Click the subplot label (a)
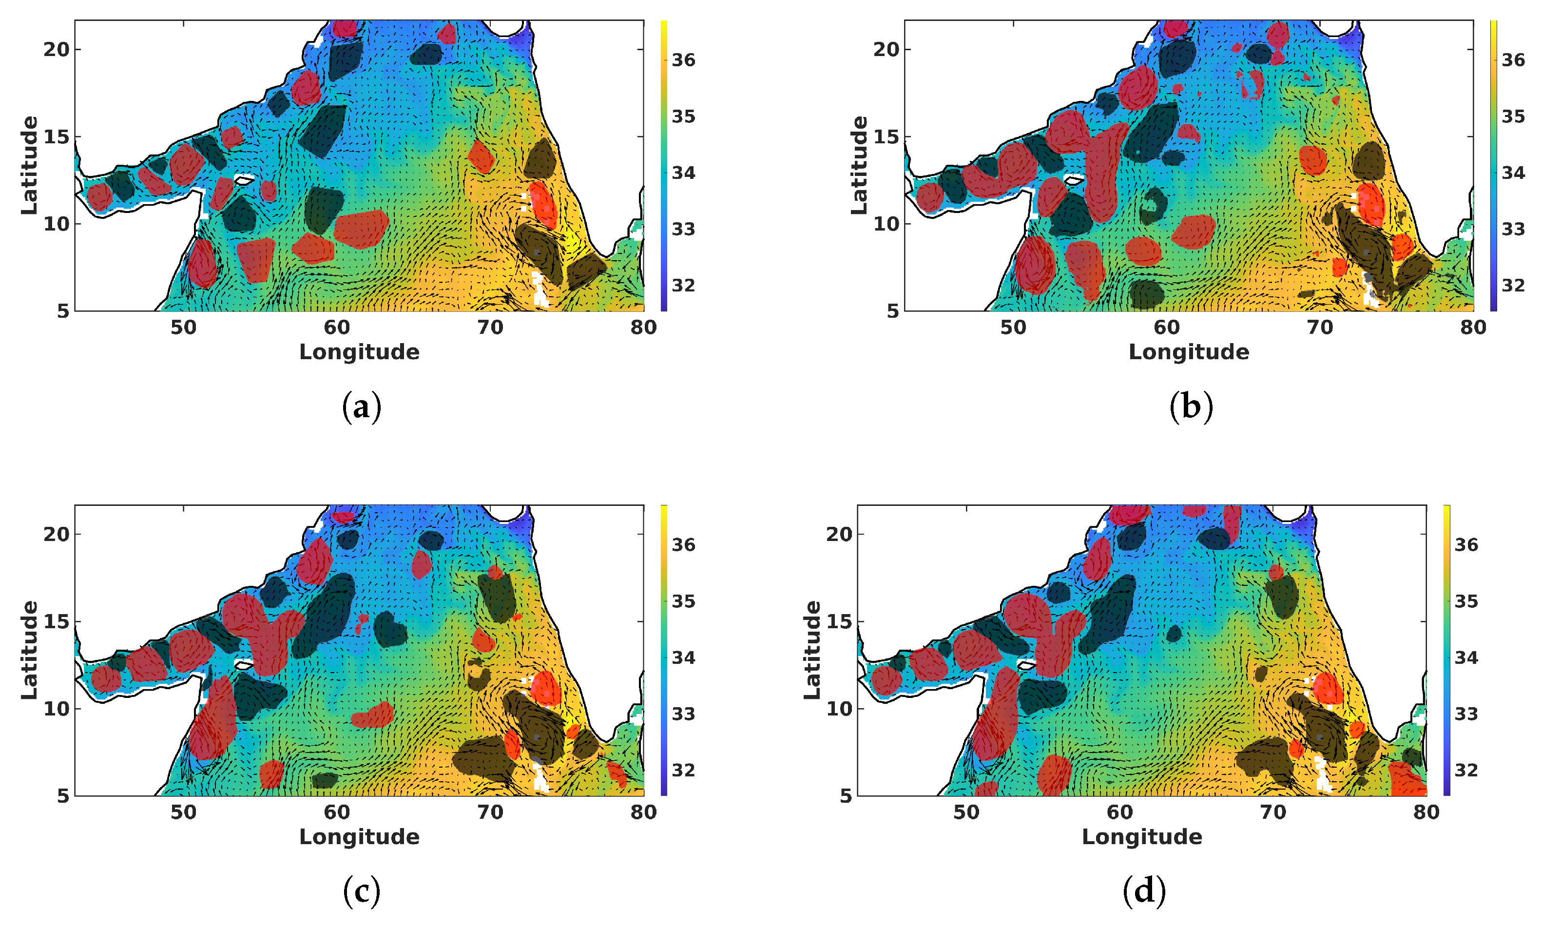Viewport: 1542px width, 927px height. [x=362, y=407]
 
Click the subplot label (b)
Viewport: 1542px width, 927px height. [x=1191, y=407]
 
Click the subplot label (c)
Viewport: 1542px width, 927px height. [x=362, y=891]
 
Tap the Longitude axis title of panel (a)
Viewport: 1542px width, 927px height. [x=359, y=352]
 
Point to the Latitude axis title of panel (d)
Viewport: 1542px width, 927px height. [x=812, y=650]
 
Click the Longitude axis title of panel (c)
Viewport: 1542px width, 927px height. [x=359, y=836]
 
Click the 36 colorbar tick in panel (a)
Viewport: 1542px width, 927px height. [x=683, y=60]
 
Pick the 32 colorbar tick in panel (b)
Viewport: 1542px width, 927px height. [x=1513, y=286]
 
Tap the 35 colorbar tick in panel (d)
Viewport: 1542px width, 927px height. [x=1466, y=601]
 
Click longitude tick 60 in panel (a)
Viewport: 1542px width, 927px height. [x=337, y=328]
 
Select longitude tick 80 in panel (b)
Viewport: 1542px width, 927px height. [x=1473, y=328]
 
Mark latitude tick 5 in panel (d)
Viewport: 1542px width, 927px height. [x=846, y=796]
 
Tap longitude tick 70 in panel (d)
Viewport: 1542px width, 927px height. [x=1273, y=812]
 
